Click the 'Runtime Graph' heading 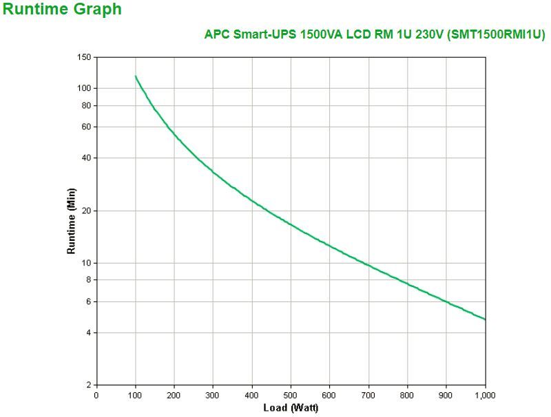click(62, 10)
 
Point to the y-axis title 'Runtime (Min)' click(71, 221)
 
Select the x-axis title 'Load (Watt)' click(291, 408)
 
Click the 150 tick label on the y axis click(84, 57)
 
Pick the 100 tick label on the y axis click(84, 88)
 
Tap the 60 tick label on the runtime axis click(86, 127)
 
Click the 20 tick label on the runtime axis click(86, 211)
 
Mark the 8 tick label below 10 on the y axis click(88, 280)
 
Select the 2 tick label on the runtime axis click(88, 385)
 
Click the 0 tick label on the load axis click(96, 395)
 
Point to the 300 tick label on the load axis click(213, 395)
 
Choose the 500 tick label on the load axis click(291, 395)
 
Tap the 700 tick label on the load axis click(368, 395)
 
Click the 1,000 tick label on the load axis click(485, 395)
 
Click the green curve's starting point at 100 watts click(136, 76)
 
